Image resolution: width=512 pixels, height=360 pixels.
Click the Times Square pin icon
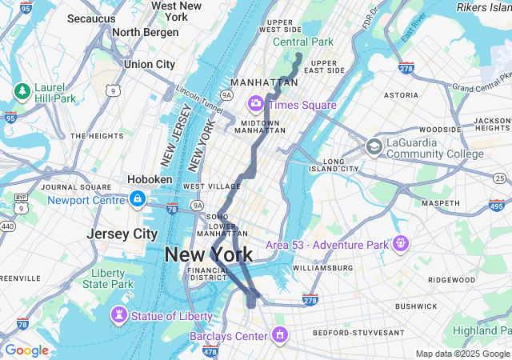click(x=256, y=102)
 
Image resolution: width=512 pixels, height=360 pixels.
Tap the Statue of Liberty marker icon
click(x=120, y=315)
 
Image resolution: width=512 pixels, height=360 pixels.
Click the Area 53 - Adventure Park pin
click(x=400, y=242)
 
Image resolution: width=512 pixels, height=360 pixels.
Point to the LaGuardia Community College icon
click(x=374, y=146)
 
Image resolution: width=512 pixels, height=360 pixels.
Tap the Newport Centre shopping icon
click(x=138, y=198)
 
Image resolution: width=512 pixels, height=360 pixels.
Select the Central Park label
click(x=302, y=42)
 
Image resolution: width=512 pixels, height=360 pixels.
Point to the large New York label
click(x=209, y=255)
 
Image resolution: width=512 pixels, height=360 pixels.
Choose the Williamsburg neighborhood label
click(x=323, y=267)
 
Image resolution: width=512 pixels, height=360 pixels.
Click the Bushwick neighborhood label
click(x=415, y=306)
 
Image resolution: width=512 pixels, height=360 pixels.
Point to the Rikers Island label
click(x=483, y=6)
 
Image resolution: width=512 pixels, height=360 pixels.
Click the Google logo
click(x=26, y=350)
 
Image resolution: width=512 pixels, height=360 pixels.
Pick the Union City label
click(x=150, y=64)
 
